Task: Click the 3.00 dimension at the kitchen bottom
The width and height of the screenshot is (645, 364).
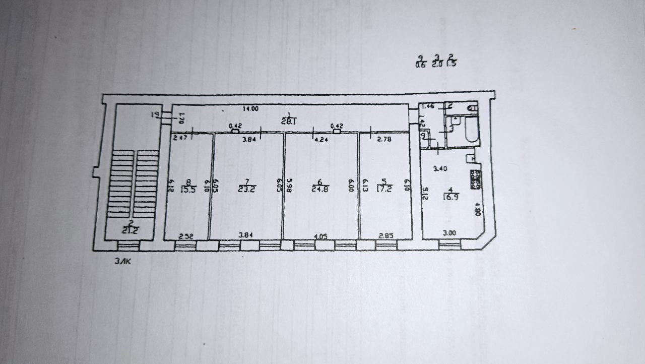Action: pos(449,232)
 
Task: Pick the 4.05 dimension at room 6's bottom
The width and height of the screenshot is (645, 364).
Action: pos(320,235)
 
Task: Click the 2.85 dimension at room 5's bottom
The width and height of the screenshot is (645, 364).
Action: pos(385,235)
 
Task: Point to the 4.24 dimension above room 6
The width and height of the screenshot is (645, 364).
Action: pos(321,140)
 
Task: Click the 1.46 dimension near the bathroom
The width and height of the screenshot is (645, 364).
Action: pos(428,106)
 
